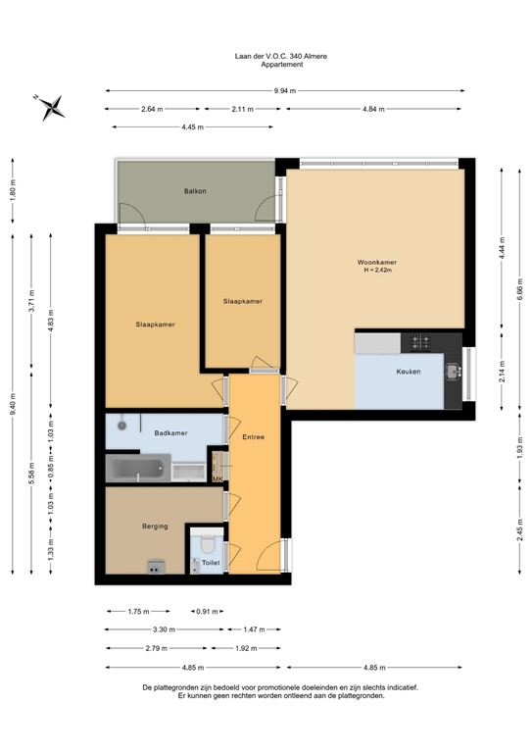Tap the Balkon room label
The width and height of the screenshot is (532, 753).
pos(195,191)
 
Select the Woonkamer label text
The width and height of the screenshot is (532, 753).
pos(377,262)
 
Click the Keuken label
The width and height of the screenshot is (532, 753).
pos(409,373)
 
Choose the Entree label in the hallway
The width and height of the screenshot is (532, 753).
pos(254,436)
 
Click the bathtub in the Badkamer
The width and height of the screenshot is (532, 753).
pos(137,469)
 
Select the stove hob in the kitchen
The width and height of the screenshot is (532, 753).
pos(421,342)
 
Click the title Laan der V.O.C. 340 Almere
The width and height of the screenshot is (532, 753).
pos(266,57)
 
